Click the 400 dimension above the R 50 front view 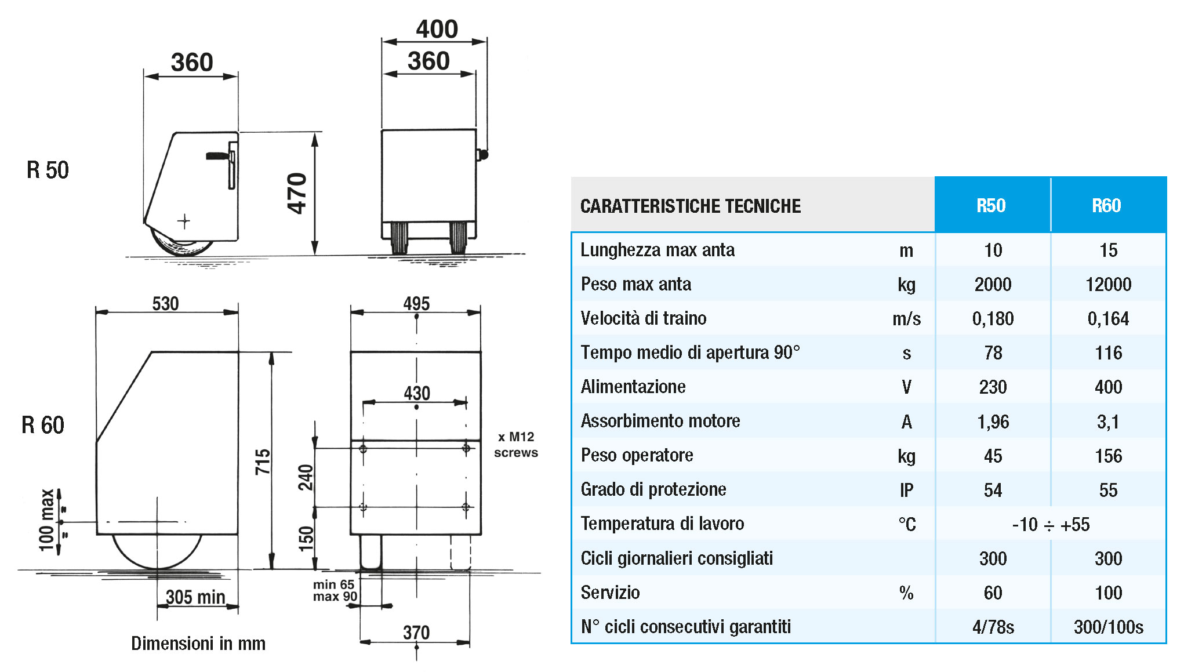(x=437, y=29)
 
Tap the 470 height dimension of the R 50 (x=297, y=194)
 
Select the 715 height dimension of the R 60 (x=263, y=462)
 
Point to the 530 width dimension (x=165, y=303)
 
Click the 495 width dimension (x=416, y=303)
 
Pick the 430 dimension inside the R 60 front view (x=417, y=393)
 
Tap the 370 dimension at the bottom (x=416, y=633)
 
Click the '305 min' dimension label (x=195, y=597)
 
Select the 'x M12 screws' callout (x=516, y=445)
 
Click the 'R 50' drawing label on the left (x=48, y=170)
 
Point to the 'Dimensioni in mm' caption (x=198, y=644)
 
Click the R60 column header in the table (x=1106, y=206)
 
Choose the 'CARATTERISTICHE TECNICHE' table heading (x=691, y=206)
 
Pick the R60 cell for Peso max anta (x=1108, y=284)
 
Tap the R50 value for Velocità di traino (x=993, y=318)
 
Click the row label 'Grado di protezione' (x=653, y=489)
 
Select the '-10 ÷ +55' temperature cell (x=1051, y=525)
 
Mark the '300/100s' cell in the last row (x=1108, y=627)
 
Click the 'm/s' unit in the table (x=906, y=318)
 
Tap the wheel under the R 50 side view (x=181, y=242)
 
